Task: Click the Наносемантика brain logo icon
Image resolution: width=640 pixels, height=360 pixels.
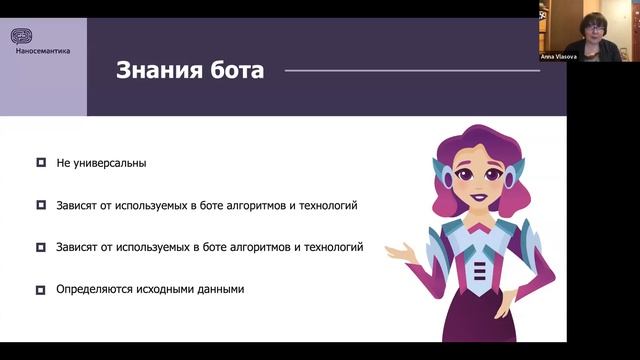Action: pyautogui.click(x=22, y=36)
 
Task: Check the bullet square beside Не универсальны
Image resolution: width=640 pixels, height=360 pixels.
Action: pyautogui.click(x=41, y=162)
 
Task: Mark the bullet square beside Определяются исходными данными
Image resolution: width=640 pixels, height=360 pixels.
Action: pyautogui.click(x=41, y=290)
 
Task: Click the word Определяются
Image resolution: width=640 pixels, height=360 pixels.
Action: pyautogui.click(x=92, y=290)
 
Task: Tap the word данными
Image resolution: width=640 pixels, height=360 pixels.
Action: pyautogui.click(x=221, y=290)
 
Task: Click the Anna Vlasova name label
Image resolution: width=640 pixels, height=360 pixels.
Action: pyautogui.click(x=561, y=58)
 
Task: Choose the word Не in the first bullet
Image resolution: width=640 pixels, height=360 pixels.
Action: pyautogui.click(x=64, y=162)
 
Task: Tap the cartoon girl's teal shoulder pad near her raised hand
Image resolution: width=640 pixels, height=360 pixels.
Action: pyautogui.click(x=437, y=240)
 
